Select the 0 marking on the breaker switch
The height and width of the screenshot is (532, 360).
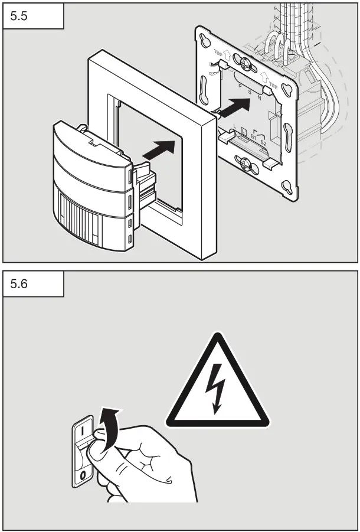pos(83,474)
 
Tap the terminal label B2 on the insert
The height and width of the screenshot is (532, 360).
pos(263,143)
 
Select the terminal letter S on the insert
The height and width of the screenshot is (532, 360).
pos(249,92)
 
